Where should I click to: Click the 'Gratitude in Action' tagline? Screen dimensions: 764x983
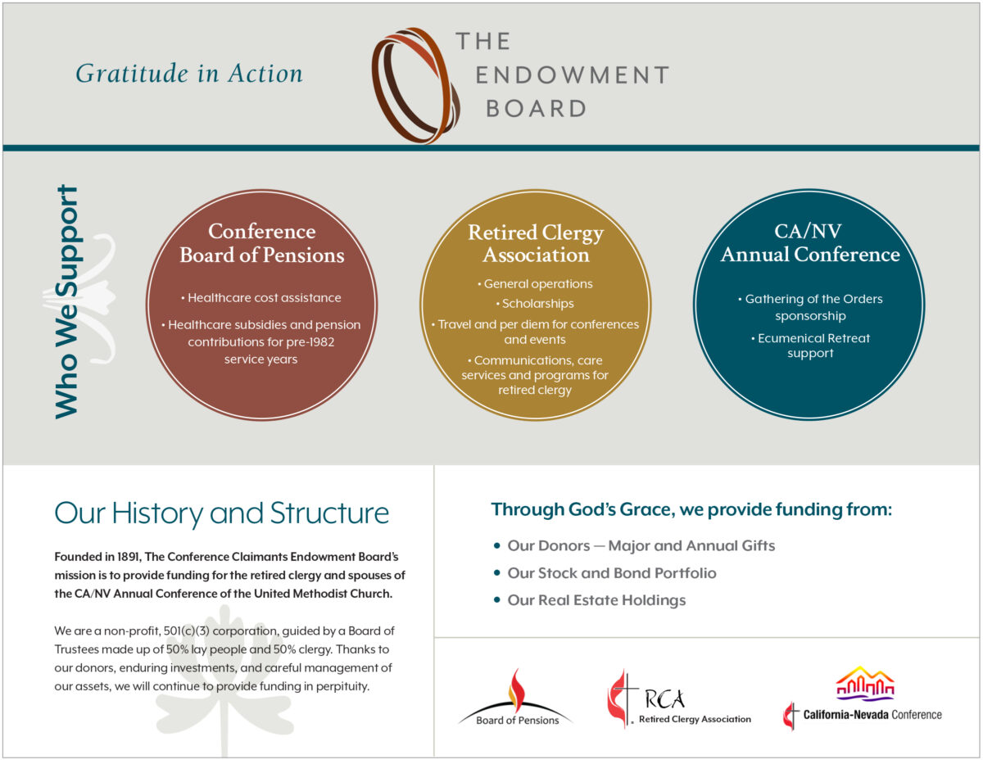point(189,74)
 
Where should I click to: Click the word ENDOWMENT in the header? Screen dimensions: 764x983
point(572,75)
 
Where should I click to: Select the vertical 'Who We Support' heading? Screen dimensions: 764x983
point(66,302)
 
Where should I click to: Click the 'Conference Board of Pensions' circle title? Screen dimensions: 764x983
point(261,243)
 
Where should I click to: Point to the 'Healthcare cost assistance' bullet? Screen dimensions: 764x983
point(261,298)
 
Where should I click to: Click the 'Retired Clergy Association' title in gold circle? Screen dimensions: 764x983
point(535,243)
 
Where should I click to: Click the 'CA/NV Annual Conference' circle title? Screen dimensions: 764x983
point(809,243)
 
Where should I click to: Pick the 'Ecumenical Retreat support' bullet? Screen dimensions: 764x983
point(809,346)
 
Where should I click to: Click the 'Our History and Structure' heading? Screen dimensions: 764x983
point(221,513)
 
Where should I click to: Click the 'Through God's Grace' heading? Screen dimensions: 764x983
point(691,510)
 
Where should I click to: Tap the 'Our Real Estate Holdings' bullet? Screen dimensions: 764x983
point(596,600)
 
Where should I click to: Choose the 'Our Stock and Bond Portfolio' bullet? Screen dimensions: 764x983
point(611,573)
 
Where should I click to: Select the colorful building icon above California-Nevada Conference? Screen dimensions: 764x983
point(864,684)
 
